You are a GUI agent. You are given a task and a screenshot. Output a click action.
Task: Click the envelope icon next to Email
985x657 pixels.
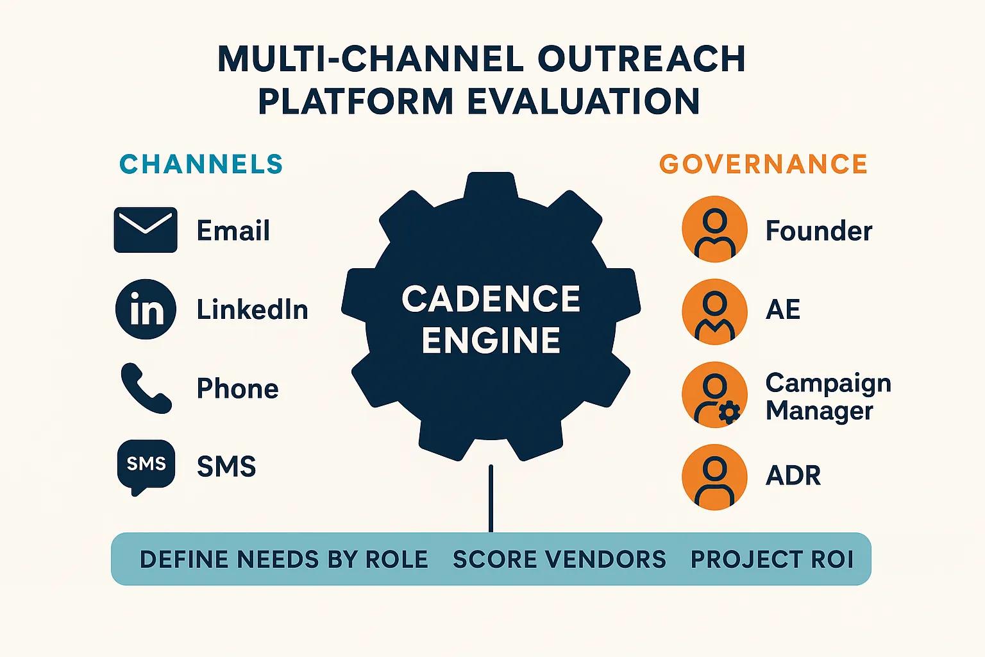pyautogui.click(x=146, y=230)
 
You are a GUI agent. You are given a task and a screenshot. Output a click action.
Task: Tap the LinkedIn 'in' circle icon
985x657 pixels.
pyautogui.click(x=146, y=309)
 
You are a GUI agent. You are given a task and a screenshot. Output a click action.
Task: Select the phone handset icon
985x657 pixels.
pyautogui.click(x=146, y=388)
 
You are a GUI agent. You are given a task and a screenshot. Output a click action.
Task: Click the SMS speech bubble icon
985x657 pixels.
pyautogui.click(x=146, y=467)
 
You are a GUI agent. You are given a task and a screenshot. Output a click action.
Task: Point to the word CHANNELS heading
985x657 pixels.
pyautogui.click(x=201, y=164)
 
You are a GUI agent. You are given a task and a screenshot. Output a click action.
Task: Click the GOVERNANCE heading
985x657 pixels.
pyautogui.click(x=763, y=164)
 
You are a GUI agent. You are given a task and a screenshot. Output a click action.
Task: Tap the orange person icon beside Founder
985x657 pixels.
pyautogui.click(x=714, y=229)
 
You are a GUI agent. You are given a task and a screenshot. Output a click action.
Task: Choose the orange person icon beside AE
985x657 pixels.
pyautogui.click(x=714, y=312)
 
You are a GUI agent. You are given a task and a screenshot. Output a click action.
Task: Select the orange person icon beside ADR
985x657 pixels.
pyautogui.click(x=714, y=477)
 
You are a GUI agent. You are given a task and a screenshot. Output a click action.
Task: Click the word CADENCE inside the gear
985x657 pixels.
pyautogui.click(x=491, y=299)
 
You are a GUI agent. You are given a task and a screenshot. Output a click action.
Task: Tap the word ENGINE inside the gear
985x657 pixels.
pyautogui.click(x=491, y=340)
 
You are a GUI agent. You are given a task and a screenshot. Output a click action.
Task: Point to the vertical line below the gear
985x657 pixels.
pyautogui.click(x=491, y=499)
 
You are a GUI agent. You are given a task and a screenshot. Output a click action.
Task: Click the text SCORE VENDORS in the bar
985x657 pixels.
pyautogui.click(x=559, y=559)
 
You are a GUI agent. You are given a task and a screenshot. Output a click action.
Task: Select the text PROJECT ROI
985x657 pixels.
pyautogui.click(x=772, y=559)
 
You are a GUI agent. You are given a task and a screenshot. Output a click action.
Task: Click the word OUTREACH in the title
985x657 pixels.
pyautogui.click(x=641, y=58)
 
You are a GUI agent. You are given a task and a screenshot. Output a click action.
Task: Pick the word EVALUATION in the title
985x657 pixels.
pyautogui.click(x=584, y=101)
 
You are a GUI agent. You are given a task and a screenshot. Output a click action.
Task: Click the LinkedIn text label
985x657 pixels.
pyautogui.click(x=252, y=309)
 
